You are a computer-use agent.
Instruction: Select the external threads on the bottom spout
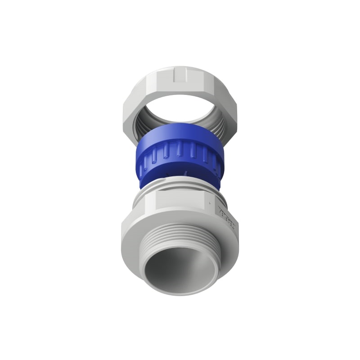coord(180,236)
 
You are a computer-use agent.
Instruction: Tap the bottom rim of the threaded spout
coord(180,292)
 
